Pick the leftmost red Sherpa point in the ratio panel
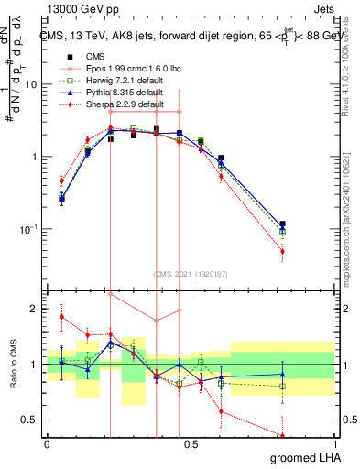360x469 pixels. coord(61,317)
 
